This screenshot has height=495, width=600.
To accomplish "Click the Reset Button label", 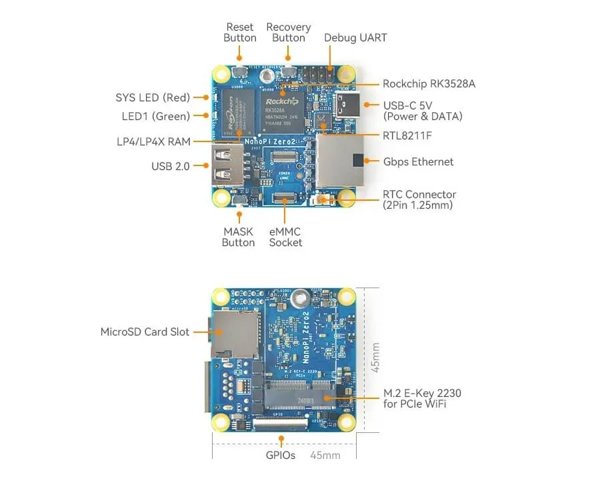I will [x=240, y=33].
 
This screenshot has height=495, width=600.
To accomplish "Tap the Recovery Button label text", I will [x=288, y=33].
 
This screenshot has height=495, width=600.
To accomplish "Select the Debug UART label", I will [x=355, y=37].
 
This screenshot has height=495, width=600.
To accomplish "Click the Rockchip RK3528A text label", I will [x=429, y=84].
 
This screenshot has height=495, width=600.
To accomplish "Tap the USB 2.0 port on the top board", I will [x=227, y=165].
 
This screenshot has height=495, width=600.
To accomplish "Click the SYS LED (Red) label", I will [x=153, y=98].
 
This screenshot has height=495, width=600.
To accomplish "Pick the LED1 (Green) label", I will [x=155, y=116].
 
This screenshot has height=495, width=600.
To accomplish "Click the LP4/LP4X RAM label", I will [x=153, y=141].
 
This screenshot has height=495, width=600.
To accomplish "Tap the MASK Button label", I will [x=238, y=237].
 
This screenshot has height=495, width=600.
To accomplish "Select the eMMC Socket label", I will [x=285, y=237].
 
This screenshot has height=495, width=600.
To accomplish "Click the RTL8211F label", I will [x=407, y=136].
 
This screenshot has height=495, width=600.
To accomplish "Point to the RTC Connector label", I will [x=419, y=199].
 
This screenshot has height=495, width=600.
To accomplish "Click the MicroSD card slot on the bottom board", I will [x=236, y=334].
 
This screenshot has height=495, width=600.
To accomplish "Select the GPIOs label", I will [x=281, y=456].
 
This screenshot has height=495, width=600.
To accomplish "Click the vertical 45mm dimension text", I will [x=375, y=358].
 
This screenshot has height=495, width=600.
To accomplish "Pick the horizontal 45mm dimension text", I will [x=325, y=456].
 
